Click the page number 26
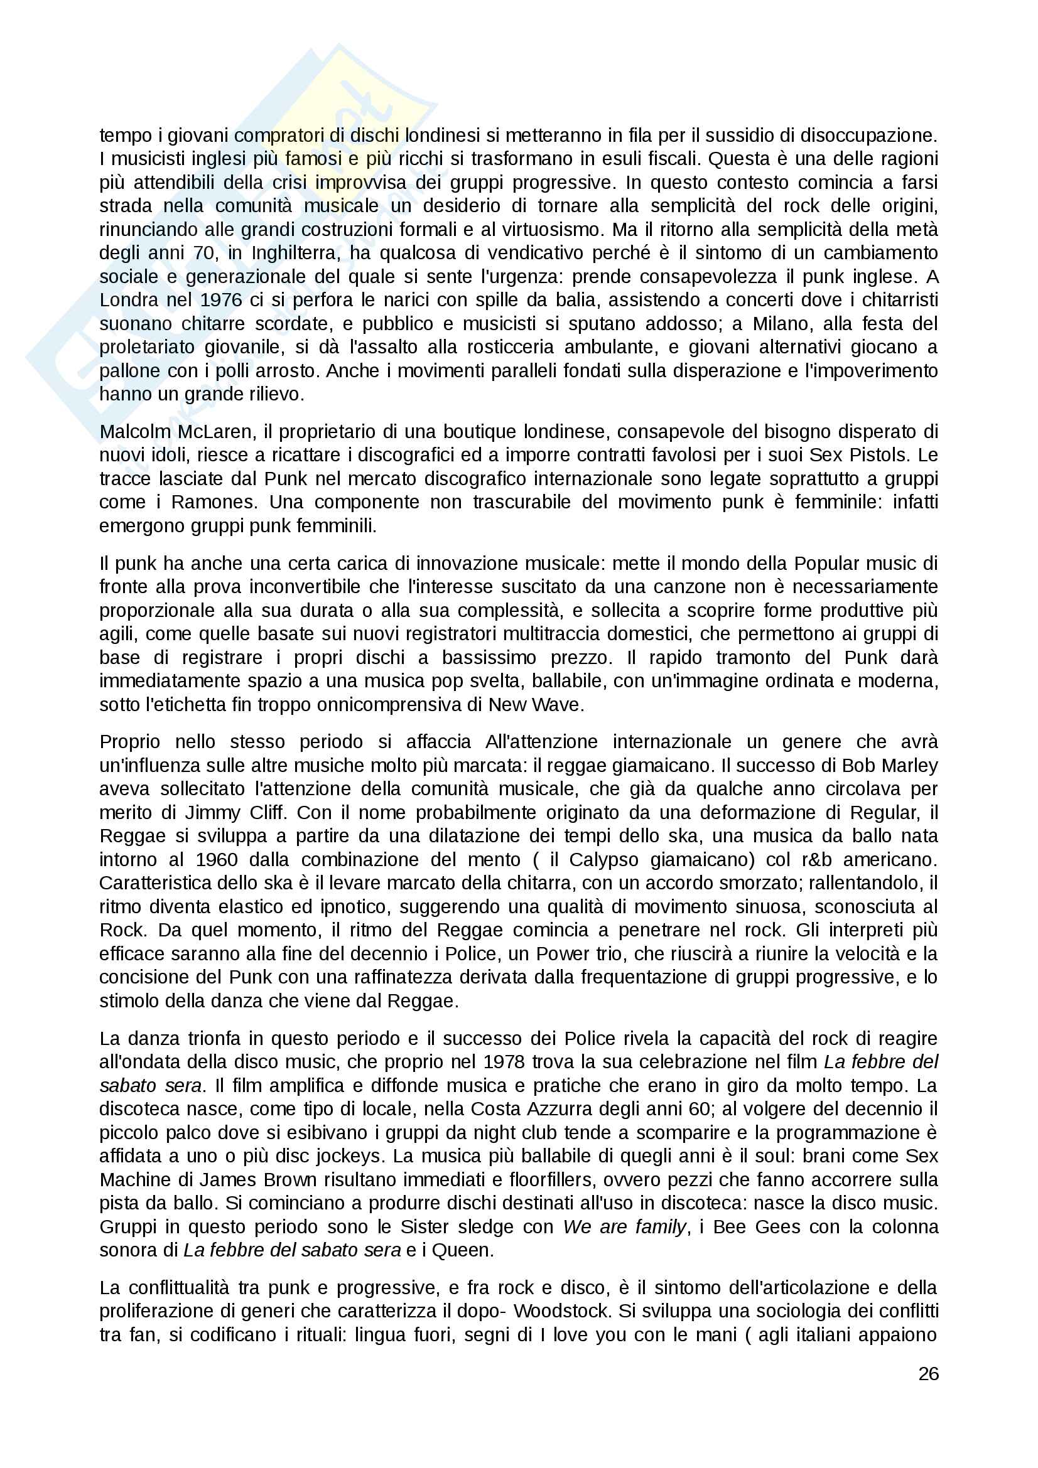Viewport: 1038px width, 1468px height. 928,1373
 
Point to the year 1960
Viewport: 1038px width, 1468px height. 217,860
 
